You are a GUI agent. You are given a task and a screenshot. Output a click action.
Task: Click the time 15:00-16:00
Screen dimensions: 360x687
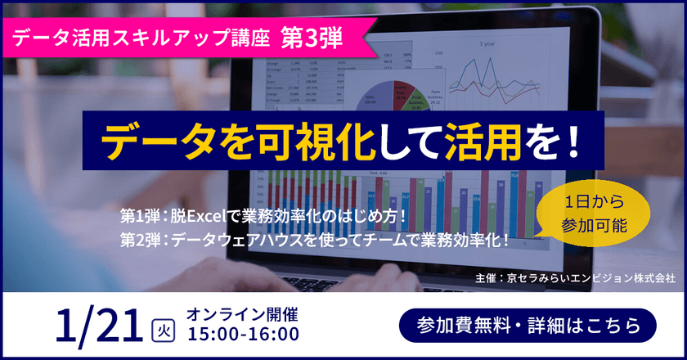(x=243, y=334)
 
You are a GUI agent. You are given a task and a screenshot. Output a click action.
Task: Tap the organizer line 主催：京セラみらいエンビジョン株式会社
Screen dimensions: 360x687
(x=574, y=278)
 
